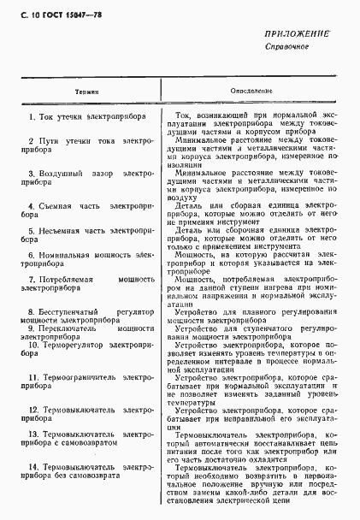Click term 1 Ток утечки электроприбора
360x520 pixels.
86,116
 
